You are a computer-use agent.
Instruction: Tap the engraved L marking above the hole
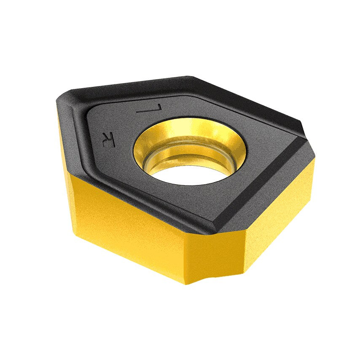(145, 109)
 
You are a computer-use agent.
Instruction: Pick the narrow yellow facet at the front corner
(215, 257)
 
